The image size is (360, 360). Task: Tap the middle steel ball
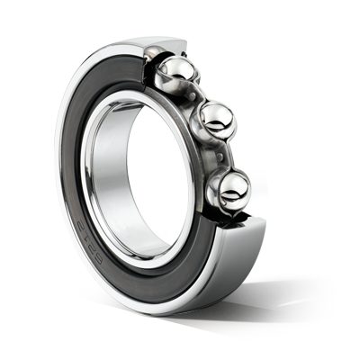216,117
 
